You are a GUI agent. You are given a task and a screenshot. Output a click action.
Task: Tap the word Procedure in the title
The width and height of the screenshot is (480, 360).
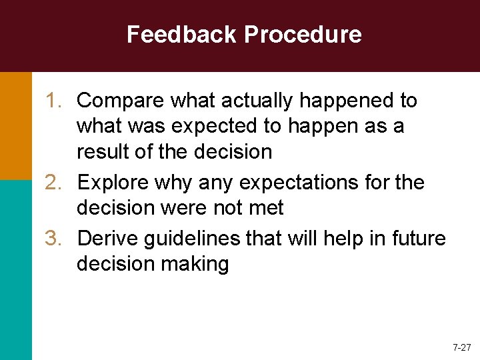303,34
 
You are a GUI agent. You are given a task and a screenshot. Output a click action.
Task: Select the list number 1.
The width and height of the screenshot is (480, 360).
54,101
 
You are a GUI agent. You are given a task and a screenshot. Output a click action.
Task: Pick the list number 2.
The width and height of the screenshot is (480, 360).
54,182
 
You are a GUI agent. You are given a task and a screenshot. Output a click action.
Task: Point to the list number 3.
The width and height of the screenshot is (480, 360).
54,238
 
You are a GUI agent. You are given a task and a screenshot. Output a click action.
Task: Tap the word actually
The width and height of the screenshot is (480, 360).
255,101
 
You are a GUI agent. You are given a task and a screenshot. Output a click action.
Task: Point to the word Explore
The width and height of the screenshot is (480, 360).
115,183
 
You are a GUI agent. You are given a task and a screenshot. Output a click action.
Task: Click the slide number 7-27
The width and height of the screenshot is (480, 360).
461,348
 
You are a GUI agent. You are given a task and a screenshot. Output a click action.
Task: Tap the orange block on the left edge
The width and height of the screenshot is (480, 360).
15,125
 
